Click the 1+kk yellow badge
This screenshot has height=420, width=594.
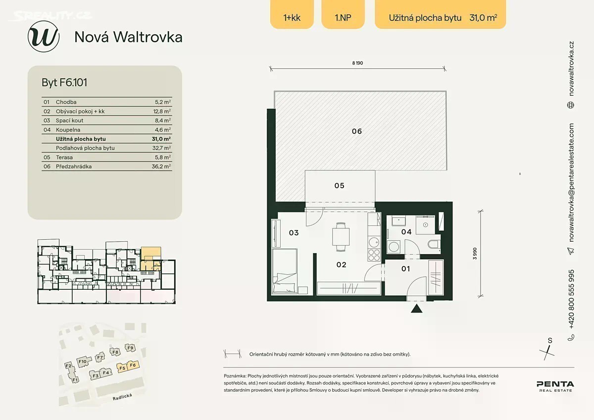tap(292, 14)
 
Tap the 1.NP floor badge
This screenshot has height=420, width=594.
tap(343, 14)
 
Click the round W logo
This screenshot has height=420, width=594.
tap(44, 36)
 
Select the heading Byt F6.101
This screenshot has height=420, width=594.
tap(64, 82)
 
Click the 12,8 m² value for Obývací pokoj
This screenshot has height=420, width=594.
tap(162, 111)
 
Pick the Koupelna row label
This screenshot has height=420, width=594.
tap(68, 130)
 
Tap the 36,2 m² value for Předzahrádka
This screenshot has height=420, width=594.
tap(161, 166)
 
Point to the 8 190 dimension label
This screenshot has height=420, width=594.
tap(357, 63)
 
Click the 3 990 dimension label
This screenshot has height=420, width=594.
tap(475, 254)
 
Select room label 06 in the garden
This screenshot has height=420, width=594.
tap(357, 131)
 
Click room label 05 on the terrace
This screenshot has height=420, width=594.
tap(339, 185)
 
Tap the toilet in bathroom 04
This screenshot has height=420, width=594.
tap(434, 244)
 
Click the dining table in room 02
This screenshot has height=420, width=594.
tap(341, 237)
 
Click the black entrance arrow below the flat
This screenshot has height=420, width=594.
tap(416, 308)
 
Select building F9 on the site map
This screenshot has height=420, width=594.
tap(130, 348)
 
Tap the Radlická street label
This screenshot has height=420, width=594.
tap(122, 397)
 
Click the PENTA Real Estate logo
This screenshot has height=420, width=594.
tap(555, 386)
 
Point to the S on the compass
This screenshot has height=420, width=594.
tap(550, 341)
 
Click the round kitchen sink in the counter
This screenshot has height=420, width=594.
tap(374, 242)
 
